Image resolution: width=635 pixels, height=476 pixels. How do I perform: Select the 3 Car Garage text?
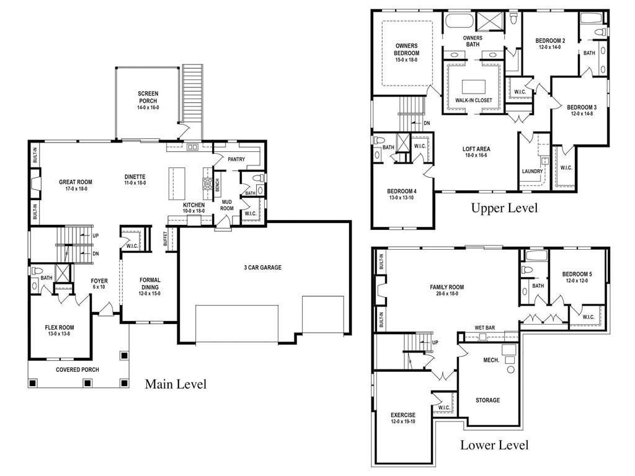(262, 268)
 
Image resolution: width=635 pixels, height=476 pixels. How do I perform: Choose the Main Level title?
(175, 384)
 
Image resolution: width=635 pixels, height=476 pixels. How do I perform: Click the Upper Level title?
(504, 208)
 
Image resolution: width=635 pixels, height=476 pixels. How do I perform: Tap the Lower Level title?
(494, 445)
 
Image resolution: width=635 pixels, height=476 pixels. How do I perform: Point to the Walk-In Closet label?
(474, 100)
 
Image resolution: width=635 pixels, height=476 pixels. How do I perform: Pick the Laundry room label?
(533, 171)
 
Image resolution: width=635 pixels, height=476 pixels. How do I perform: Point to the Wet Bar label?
(484, 327)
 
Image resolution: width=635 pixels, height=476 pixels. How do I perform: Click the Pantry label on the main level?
(236, 159)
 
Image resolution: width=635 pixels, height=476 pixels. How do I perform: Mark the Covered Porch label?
(78, 370)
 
